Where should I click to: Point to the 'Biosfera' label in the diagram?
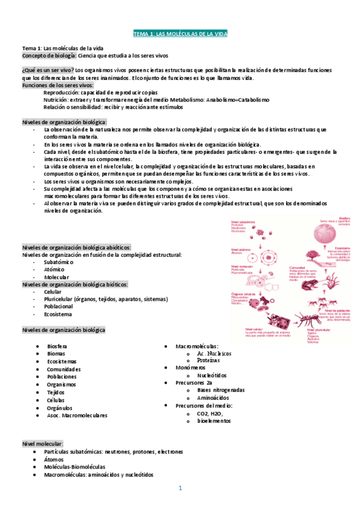pyautogui.click(x=327, y=218)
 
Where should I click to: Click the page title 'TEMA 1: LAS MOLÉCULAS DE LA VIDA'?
pyautogui.click(x=180, y=33)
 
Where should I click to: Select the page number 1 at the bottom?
pyautogui.click(x=180, y=488)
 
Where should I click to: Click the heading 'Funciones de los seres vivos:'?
pyautogui.click(x=53, y=85)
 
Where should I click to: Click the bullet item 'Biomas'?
pyautogui.click(x=56, y=354)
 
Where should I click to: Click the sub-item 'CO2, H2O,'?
pyautogui.click(x=210, y=413)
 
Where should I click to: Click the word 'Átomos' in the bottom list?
pyautogui.click(x=54, y=459)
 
